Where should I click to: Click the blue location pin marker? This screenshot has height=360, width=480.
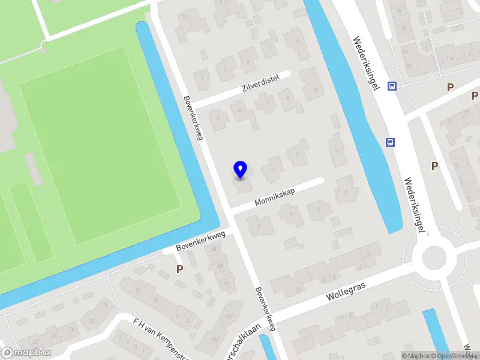pyautogui.click(x=240, y=169)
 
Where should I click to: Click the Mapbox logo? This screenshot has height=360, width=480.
pyautogui.click(x=26, y=352)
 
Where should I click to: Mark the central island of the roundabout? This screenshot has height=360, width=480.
pyautogui.click(x=434, y=258)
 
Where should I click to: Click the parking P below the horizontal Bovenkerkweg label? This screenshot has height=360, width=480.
pyautogui.click(x=179, y=269)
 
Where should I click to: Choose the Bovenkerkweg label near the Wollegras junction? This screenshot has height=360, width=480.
pyautogui.click(x=265, y=308)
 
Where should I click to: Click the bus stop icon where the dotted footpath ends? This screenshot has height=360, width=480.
pyautogui.click(x=392, y=86)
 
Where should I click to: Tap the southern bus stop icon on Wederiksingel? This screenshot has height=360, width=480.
pyautogui.click(x=390, y=142)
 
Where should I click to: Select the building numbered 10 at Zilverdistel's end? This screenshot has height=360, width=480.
pyautogui.click(x=311, y=85)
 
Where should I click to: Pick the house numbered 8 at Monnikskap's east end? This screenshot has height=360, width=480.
pyautogui.click(x=345, y=193)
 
